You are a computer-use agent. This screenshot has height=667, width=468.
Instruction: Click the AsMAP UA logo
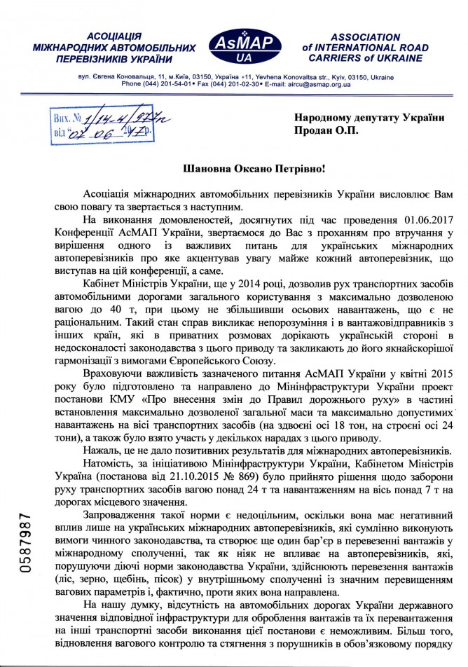click(x=246, y=46)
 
